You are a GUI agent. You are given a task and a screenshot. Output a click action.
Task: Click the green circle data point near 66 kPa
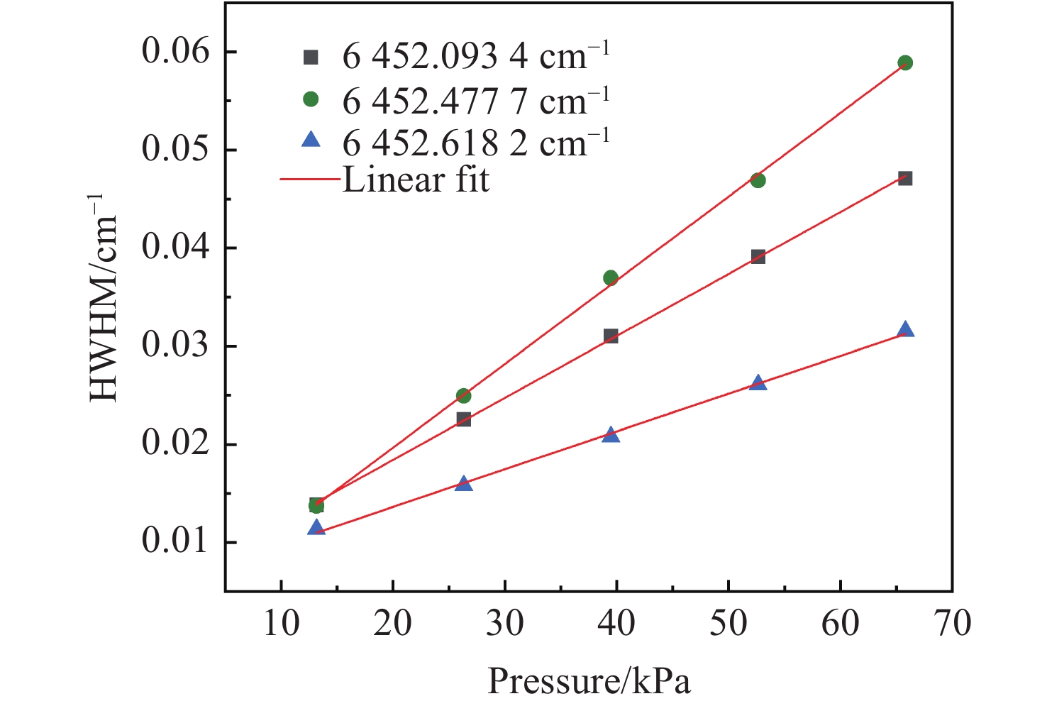905,63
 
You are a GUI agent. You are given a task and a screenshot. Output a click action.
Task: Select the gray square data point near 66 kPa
905,178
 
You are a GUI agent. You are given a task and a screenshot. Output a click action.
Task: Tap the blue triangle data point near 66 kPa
905,330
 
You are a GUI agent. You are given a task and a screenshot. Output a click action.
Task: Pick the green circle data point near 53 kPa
758,180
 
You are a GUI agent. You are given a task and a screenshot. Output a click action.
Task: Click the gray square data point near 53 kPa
758,257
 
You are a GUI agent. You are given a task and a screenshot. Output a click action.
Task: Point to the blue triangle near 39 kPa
611,434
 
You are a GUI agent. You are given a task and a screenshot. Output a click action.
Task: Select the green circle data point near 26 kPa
463,396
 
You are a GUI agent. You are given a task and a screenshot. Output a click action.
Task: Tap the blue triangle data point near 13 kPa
316,528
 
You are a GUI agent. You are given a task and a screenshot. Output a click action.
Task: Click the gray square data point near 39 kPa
611,336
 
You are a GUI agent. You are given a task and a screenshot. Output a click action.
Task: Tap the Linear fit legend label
416,180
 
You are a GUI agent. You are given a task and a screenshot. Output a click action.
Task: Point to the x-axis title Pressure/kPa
589,682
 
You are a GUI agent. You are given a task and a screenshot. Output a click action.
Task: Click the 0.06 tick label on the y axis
177,53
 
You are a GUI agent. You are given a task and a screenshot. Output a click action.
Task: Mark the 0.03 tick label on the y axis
177,346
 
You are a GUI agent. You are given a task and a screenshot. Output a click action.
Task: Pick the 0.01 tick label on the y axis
177,542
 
